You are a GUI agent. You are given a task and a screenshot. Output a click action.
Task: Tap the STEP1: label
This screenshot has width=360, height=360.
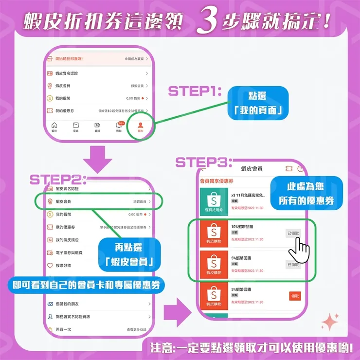[195, 91]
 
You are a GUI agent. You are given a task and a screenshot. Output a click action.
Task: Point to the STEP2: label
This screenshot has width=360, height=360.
[57, 179]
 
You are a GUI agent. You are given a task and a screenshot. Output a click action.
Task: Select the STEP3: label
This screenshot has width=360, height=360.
[204, 162]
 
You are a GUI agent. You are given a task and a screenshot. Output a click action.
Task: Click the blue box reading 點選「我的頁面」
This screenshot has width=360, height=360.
[258, 103]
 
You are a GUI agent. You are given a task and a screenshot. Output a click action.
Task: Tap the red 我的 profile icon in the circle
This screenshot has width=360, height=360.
[140, 127]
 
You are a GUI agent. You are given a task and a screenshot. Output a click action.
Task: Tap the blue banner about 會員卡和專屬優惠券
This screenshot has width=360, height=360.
[86, 285]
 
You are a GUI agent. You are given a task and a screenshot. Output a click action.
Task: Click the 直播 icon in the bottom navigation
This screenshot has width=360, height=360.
[97, 127]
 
